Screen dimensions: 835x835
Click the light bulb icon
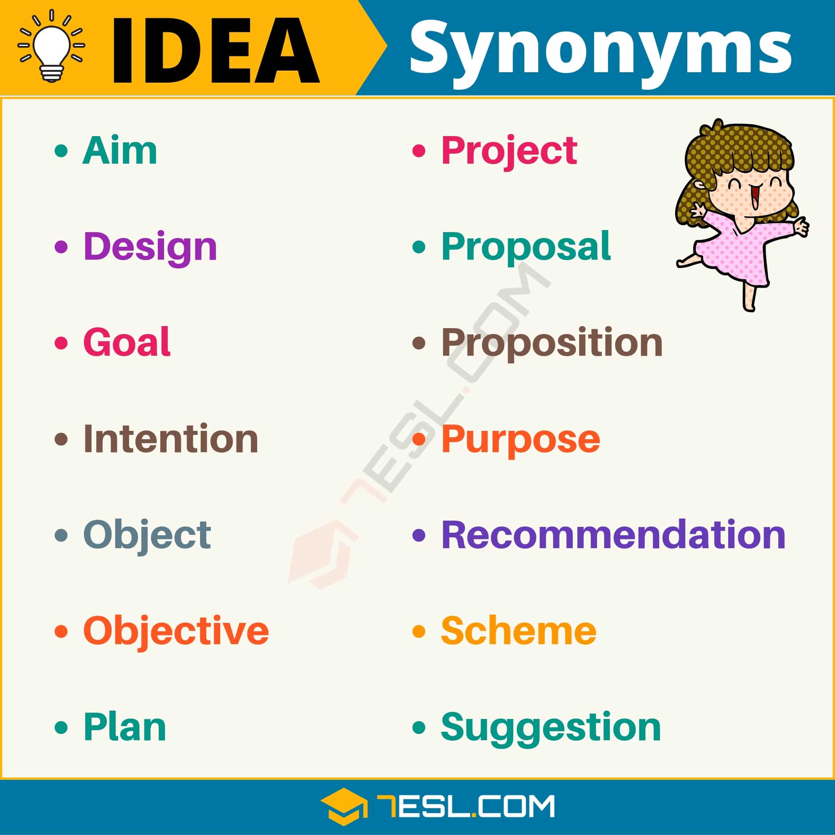point(51,46)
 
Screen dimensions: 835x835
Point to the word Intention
point(171,439)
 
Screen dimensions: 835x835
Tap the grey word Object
point(147,536)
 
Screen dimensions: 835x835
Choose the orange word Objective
point(176,632)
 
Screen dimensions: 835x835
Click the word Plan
point(124,727)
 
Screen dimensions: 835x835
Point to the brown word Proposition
point(552,344)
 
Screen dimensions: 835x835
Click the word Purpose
point(520,440)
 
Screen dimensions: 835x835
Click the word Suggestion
point(551,729)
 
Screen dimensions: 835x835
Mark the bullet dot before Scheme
point(419,631)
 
